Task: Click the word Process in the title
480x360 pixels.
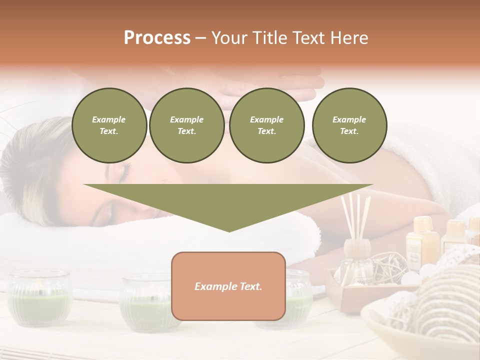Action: point(157,38)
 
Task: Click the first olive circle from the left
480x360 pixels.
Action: point(109,125)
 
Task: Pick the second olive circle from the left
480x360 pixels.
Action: point(186,125)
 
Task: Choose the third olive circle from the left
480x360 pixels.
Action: point(266,125)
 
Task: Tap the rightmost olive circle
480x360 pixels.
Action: point(349,125)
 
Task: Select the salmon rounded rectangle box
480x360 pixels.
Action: point(228,300)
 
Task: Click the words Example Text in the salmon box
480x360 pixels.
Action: point(228,286)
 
